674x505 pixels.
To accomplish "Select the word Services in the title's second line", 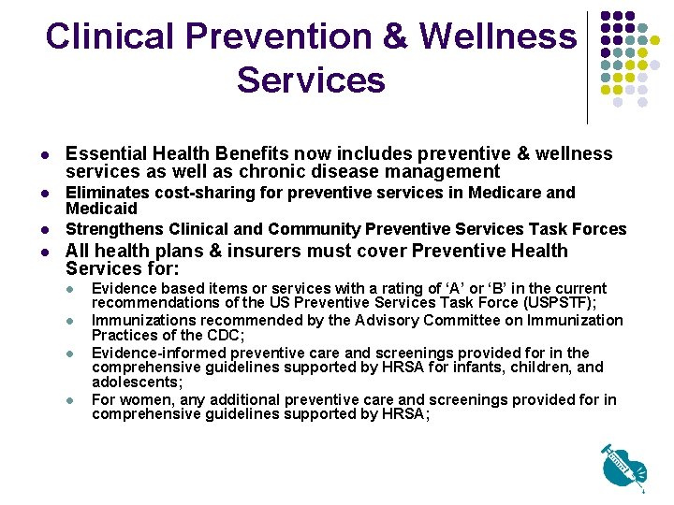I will pyautogui.click(x=311, y=79).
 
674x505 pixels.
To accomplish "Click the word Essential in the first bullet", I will pyautogui.click(x=105, y=153).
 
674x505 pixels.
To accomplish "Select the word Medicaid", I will pyautogui.click(x=101, y=209).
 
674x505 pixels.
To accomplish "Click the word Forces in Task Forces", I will pyautogui.click(x=598, y=229).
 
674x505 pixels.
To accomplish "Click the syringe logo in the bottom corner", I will pyautogui.click(x=624, y=466).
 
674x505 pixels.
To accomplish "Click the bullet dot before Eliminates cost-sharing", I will pyautogui.click(x=44, y=193).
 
